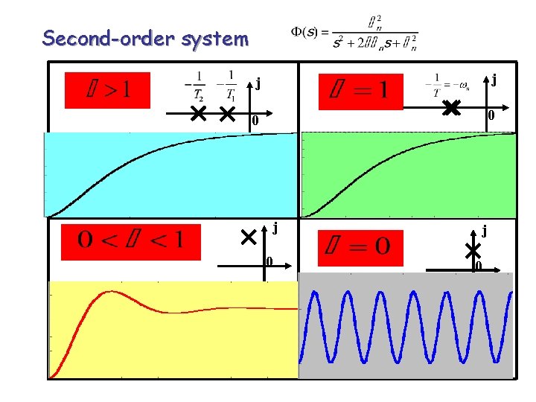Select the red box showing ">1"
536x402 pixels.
point(107,90)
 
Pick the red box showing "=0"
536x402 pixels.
point(360,248)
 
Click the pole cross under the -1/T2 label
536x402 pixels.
point(198,114)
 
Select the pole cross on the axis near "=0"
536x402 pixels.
point(472,252)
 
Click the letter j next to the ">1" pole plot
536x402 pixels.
point(258,82)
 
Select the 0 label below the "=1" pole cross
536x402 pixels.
point(491,115)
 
